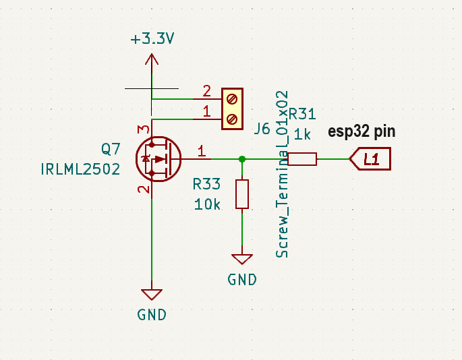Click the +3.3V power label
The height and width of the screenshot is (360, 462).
(152, 38)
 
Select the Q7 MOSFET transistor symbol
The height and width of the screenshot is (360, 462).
(157, 159)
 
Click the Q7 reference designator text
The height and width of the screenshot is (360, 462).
(111, 148)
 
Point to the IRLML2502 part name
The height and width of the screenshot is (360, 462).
(80, 168)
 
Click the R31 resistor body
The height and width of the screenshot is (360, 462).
(302, 159)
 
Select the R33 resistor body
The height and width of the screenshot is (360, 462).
(242, 194)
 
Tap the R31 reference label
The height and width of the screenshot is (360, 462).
(302, 114)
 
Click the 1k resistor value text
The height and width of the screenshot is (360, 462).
(302, 134)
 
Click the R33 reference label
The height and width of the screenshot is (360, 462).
(206, 184)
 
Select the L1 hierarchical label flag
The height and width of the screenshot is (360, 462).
(370, 159)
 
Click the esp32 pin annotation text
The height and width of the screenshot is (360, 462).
(362, 131)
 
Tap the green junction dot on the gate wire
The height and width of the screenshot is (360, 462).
(242, 159)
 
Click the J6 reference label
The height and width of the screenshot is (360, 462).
(262, 129)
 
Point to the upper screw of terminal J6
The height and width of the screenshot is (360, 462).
(233, 99)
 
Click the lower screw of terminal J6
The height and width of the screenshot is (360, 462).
(233, 119)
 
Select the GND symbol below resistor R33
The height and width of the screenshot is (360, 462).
(241, 260)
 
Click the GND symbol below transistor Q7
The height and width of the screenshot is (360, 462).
(152, 295)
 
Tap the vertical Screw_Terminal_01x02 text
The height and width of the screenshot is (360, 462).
(282, 174)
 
